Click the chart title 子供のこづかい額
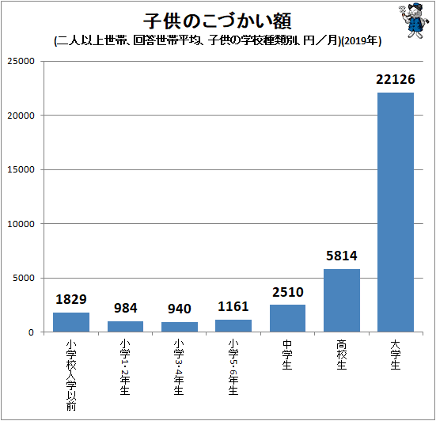pos(210,19)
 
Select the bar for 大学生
pos(396,212)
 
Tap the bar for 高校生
pos(342,301)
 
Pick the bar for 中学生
pos(287,318)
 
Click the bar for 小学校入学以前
pos(71,322)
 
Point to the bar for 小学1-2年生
pos(125,326)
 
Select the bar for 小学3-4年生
pos(179,327)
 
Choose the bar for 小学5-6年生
pos(233,325)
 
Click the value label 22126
pos(396,81)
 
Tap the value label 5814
pos(342,257)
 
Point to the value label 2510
pos(287,293)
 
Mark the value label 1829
pos(71,300)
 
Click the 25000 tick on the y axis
pos(22,61)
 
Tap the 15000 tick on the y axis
pos(22,169)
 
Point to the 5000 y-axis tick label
pos(25,278)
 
